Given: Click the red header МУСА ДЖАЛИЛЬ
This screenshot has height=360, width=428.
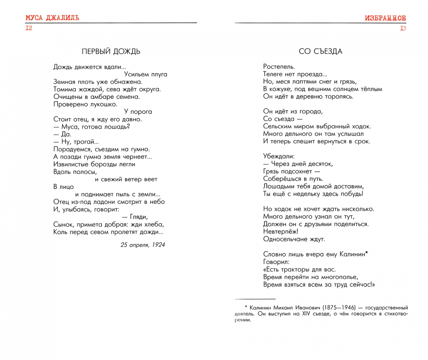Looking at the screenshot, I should click(52, 18).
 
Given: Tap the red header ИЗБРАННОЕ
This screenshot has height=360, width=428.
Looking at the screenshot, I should click(385, 18).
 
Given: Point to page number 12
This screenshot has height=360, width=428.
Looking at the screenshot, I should click(29, 28).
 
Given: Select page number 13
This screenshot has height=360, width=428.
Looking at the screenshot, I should click(403, 28).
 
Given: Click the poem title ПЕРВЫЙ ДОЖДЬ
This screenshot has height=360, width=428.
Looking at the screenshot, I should click(111, 51).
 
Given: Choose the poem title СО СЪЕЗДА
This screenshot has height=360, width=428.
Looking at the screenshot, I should click(320, 51).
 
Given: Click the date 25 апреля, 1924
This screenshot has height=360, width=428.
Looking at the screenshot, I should click(143, 245).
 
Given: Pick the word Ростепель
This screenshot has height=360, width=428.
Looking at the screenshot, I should click(279, 67).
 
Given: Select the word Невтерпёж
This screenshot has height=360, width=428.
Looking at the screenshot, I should click(280, 232).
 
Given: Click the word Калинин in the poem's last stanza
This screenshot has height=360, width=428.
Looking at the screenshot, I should click(352, 254).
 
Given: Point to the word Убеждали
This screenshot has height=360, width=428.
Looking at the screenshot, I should click(278, 156).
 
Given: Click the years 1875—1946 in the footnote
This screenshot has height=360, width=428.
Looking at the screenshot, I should click(339, 308).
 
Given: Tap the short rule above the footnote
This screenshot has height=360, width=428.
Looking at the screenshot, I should click(255, 299).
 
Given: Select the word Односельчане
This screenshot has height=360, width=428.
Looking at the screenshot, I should click(284, 239).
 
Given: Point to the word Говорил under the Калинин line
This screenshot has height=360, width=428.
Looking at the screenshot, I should click(276, 262).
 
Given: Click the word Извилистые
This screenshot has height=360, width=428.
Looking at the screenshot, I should click(71, 164).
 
